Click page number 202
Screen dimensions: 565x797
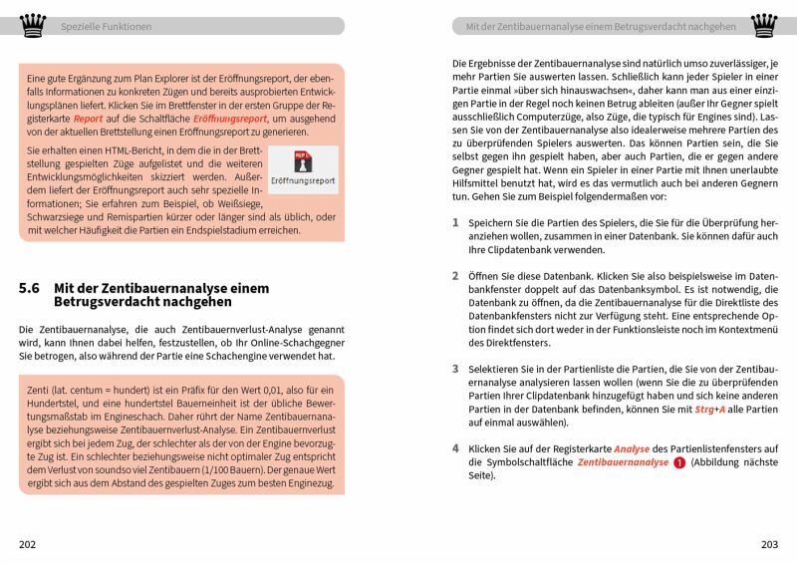click(x=28, y=544)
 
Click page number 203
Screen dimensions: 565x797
click(x=768, y=544)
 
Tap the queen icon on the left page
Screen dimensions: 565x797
click(x=33, y=25)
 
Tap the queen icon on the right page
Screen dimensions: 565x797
click(x=764, y=25)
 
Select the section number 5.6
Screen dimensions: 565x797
click(x=29, y=288)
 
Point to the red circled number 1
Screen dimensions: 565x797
click(x=678, y=462)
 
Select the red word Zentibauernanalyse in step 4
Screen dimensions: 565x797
click(x=623, y=462)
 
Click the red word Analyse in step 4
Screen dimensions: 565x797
click(x=632, y=448)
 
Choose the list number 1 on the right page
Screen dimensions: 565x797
click(x=455, y=223)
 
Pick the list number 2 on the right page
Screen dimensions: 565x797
click(x=455, y=275)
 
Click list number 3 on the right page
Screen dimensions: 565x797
click(x=455, y=368)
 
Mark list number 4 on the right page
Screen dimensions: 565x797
click(x=455, y=448)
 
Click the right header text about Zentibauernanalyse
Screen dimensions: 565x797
click(x=594, y=27)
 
